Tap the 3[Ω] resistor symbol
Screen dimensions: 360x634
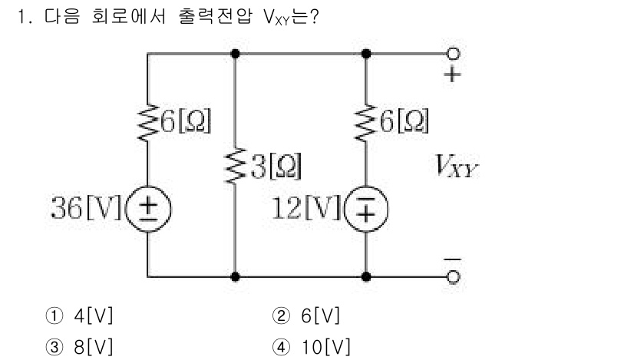point(234,164)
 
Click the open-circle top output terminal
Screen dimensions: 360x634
point(454,54)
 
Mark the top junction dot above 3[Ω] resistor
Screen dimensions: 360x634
point(234,54)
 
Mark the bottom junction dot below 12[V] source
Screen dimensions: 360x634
point(366,276)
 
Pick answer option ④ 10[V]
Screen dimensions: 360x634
point(310,345)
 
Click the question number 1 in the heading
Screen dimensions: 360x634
point(31,17)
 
